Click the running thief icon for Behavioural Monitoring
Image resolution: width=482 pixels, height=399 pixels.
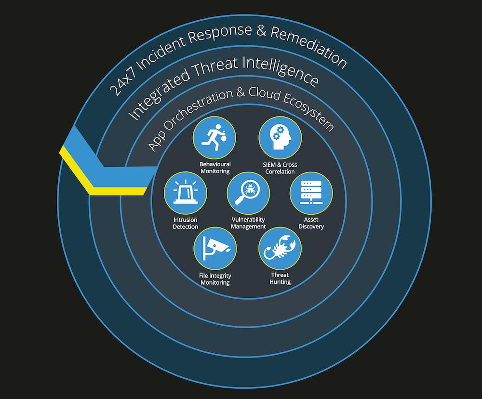pos(214,137)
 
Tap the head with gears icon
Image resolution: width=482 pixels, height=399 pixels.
pos(280,137)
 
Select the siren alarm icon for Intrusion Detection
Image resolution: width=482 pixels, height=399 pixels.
pos(186,193)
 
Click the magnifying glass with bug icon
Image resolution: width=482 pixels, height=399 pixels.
pos(248,193)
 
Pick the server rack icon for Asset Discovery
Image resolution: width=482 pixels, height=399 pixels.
pos(311,193)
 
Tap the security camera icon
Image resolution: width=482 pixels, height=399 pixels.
pos(215,248)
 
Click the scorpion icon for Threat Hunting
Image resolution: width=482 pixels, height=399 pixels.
pos(280,248)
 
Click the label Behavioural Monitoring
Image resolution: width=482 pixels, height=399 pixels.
pos(215,168)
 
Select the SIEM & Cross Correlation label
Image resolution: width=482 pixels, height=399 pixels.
pos(280,168)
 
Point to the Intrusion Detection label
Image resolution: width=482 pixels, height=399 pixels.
pos(186,223)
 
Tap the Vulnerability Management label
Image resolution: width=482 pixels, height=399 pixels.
pos(248,223)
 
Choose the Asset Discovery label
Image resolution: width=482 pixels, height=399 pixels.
pos(311,223)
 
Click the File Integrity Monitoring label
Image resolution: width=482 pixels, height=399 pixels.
pos(215,279)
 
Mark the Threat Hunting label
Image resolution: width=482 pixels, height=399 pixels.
pos(280,279)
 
